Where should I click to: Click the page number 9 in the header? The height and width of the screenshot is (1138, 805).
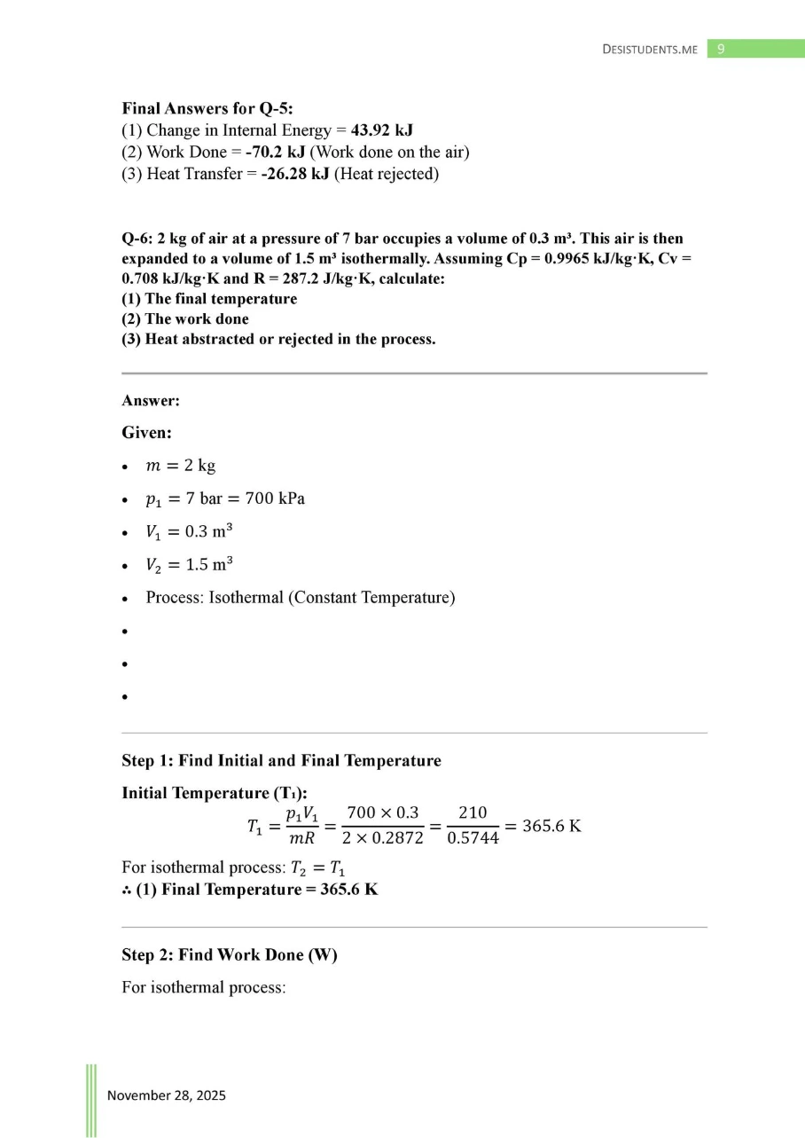click(x=721, y=50)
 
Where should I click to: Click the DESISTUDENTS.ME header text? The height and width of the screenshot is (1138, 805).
click(x=651, y=50)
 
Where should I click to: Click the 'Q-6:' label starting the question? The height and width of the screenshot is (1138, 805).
click(x=137, y=239)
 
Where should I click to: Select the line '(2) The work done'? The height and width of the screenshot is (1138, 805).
click(x=184, y=319)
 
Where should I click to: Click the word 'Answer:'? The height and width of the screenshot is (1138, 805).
click(x=151, y=401)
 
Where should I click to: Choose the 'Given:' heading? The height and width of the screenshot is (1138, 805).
click(x=146, y=434)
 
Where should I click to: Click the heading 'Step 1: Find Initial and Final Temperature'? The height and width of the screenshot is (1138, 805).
click(x=281, y=760)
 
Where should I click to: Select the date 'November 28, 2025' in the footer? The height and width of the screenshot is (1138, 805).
click(x=167, y=1095)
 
